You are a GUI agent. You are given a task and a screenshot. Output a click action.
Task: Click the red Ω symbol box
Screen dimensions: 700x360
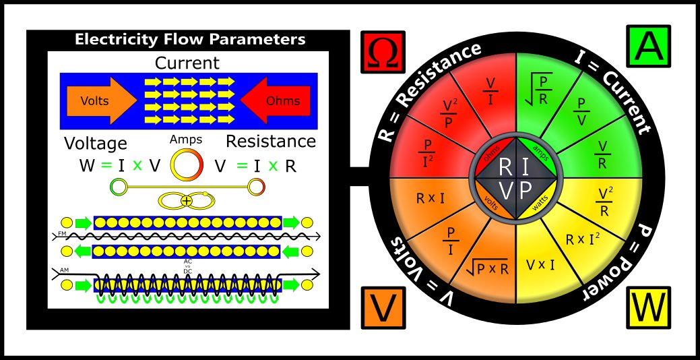[x=383, y=52]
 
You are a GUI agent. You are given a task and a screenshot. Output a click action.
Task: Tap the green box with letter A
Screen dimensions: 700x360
[x=649, y=46]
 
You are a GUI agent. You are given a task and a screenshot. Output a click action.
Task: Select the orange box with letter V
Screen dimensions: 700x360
[x=383, y=308]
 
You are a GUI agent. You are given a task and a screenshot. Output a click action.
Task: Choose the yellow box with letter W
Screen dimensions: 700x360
[x=649, y=307]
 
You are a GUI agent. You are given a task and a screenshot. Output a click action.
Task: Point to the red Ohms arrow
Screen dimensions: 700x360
[x=276, y=100]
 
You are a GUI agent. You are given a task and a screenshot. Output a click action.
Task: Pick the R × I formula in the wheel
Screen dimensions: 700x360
[x=430, y=199]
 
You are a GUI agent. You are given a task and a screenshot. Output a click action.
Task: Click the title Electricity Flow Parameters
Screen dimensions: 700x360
[x=190, y=39]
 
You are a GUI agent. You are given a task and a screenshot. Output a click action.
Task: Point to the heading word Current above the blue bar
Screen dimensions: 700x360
[x=187, y=63]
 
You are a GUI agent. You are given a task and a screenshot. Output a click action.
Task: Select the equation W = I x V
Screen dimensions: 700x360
[x=119, y=166]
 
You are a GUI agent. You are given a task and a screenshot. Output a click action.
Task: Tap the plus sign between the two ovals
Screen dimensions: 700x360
[x=186, y=201]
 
